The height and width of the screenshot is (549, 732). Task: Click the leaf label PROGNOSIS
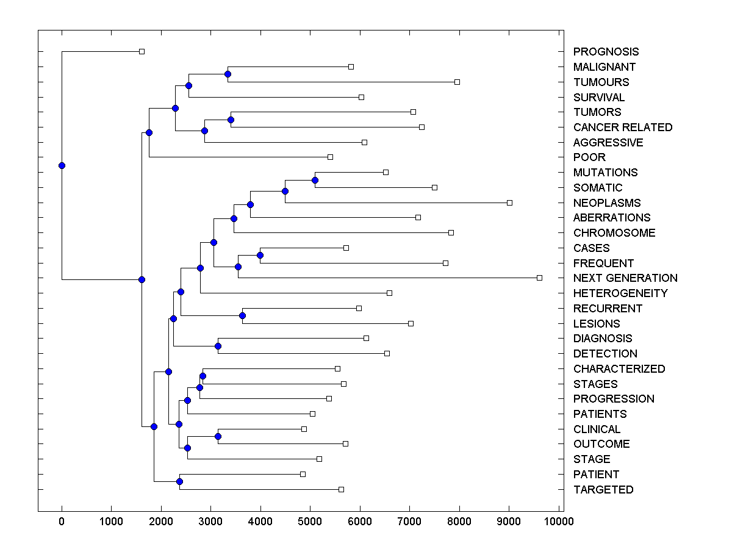click(x=606, y=52)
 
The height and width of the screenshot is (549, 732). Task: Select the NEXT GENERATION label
click(x=625, y=278)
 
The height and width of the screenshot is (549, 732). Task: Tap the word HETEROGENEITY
click(x=620, y=293)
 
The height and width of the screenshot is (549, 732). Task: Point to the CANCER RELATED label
click(x=623, y=127)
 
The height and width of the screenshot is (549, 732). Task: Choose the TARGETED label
click(x=603, y=490)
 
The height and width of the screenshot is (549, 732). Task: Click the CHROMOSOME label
click(x=614, y=233)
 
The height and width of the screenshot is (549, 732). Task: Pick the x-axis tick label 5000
click(x=310, y=521)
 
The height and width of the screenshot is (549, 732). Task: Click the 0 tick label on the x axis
click(x=62, y=521)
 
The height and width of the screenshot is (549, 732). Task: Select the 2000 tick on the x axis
click(x=161, y=521)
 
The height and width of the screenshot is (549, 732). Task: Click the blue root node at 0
click(x=62, y=165)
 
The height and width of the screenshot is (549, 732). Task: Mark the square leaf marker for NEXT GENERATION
click(x=539, y=278)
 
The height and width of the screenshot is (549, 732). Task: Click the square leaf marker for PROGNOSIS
click(x=142, y=51)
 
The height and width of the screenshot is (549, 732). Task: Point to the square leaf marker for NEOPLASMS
click(x=509, y=203)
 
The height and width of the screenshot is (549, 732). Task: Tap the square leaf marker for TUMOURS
click(x=457, y=82)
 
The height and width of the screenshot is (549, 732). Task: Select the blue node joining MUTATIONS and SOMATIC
click(x=315, y=180)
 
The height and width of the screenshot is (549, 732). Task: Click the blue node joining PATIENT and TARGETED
click(x=179, y=481)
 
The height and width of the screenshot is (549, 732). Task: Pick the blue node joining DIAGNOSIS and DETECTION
click(x=218, y=346)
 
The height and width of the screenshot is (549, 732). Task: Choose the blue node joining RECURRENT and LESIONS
click(x=242, y=315)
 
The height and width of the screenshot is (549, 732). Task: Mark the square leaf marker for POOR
click(x=330, y=157)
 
